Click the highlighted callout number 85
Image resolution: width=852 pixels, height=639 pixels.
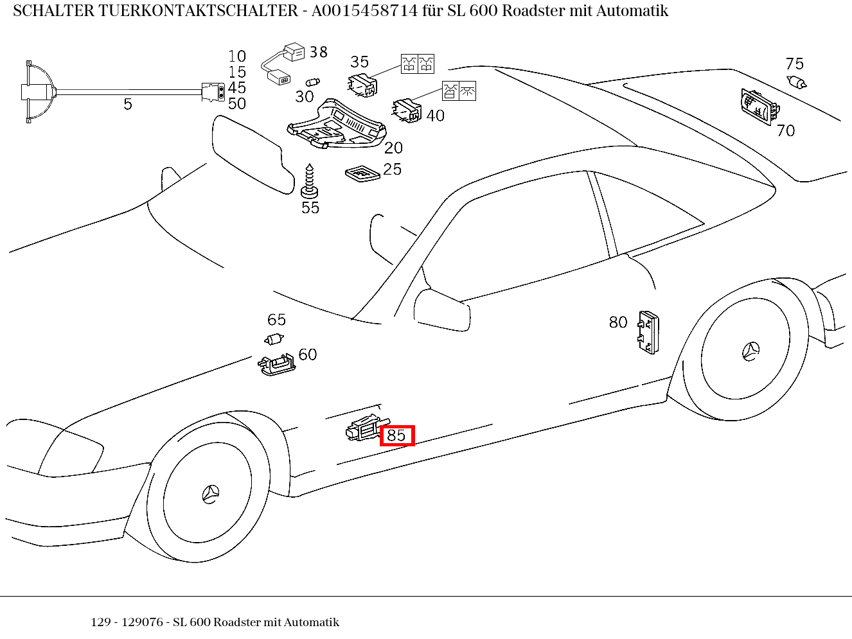tap(396, 435)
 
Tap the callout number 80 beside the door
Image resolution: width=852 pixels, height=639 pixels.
tap(617, 322)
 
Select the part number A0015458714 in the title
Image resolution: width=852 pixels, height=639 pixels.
tap(364, 11)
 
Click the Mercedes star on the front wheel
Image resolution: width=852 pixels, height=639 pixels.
tap(210, 494)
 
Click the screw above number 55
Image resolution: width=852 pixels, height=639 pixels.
tap(310, 180)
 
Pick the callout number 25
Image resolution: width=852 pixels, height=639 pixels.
tap(392, 169)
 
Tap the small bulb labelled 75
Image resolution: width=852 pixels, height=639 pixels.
tap(797, 82)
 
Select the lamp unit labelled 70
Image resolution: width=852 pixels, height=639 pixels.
tap(758, 107)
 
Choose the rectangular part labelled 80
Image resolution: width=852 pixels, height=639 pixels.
tap(648, 332)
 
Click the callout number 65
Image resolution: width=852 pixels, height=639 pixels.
tap(276, 320)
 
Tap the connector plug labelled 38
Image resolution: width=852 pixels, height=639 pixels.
tap(294, 53)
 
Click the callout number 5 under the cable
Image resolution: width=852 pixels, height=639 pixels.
tap(128, 104)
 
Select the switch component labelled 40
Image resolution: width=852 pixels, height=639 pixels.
tap(407, 110)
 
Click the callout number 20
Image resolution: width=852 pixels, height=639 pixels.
tap(393, 148)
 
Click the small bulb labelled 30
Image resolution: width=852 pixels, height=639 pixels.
tap(313, 82)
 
